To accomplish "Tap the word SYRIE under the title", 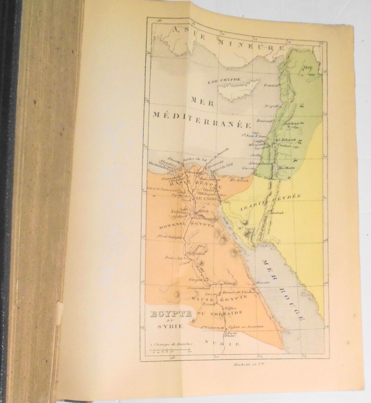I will click(170, 327).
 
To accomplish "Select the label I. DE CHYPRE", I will click(224, 80).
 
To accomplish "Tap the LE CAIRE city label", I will click(207, 199).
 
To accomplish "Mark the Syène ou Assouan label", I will click(245, 327).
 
